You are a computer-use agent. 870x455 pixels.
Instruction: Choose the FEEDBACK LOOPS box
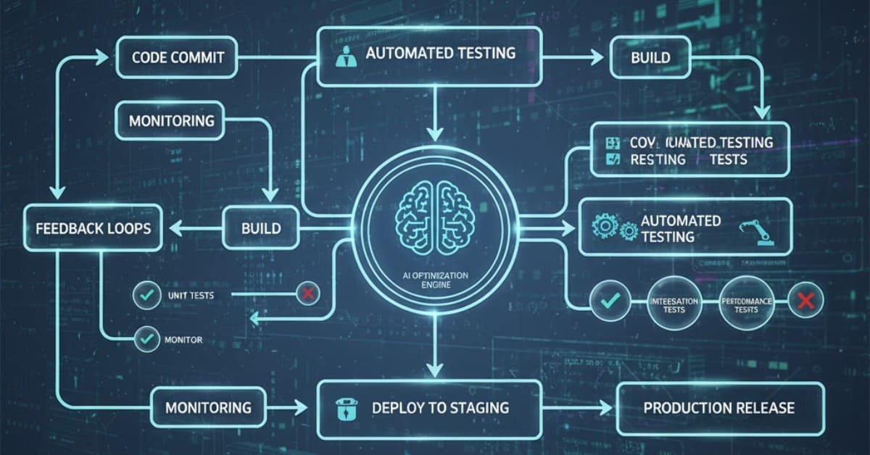93,227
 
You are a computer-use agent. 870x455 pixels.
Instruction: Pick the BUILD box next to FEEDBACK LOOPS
260,227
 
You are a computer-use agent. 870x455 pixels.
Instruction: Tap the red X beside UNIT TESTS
307,294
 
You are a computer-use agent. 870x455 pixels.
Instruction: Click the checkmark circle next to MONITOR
147,338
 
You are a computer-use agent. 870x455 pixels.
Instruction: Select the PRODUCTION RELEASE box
719,407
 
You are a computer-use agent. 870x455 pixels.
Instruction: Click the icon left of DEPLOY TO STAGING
345,408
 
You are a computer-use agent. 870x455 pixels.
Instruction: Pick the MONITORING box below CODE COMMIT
172,120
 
